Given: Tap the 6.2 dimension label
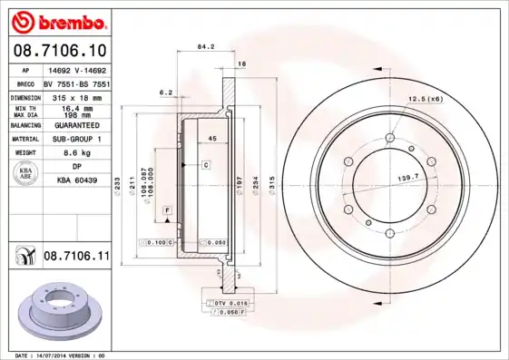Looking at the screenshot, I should point(166,92).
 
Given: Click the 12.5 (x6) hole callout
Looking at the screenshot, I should point(426,98).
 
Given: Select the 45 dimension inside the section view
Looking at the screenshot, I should point(210,138).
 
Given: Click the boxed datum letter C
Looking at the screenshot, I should point(206,165).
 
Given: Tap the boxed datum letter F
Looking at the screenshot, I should point(167,210).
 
